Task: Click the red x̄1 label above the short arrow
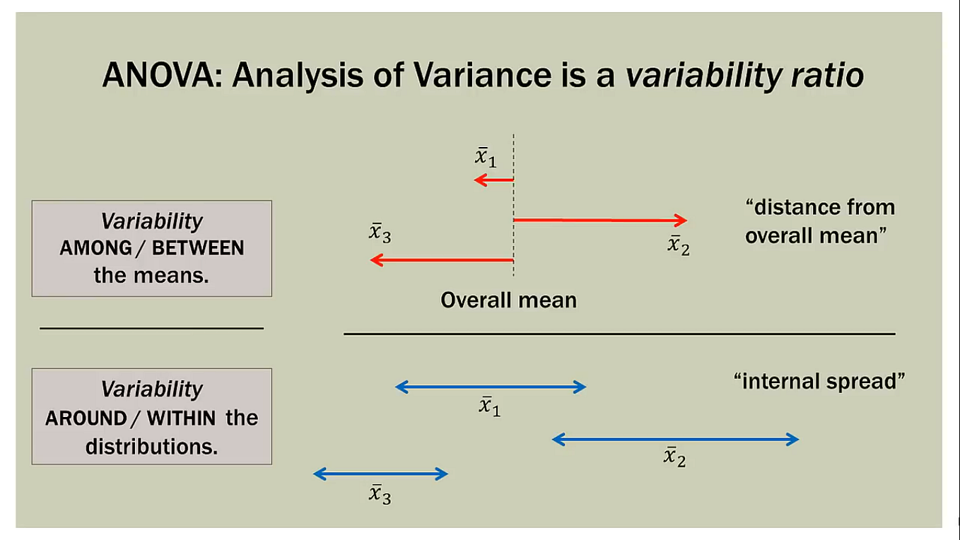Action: (x=485, y=158)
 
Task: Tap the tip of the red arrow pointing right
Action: (x=684, y=221)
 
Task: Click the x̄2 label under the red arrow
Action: (x=678, y=245)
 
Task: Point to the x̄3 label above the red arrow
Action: (x=380, y=233)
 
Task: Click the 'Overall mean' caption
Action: (x=508, y=300)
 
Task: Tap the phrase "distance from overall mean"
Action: (x=820, y=221)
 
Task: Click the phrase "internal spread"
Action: (x=819, y=382)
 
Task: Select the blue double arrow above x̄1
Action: (x=491, y=387)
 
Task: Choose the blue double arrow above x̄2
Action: (x=675, y=440)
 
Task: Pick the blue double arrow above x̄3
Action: (x=380, y=474)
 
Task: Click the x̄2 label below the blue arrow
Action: (x=674, y=457)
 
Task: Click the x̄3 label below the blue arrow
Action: (x=380, y=494)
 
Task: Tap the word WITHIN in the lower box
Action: (x=181, y=418)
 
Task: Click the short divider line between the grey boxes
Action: (x=151, y=328)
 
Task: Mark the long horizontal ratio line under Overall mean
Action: (x=619, y=334)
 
